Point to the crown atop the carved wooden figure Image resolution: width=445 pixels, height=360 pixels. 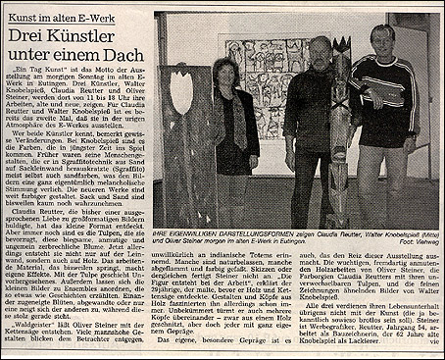[343, 45]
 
